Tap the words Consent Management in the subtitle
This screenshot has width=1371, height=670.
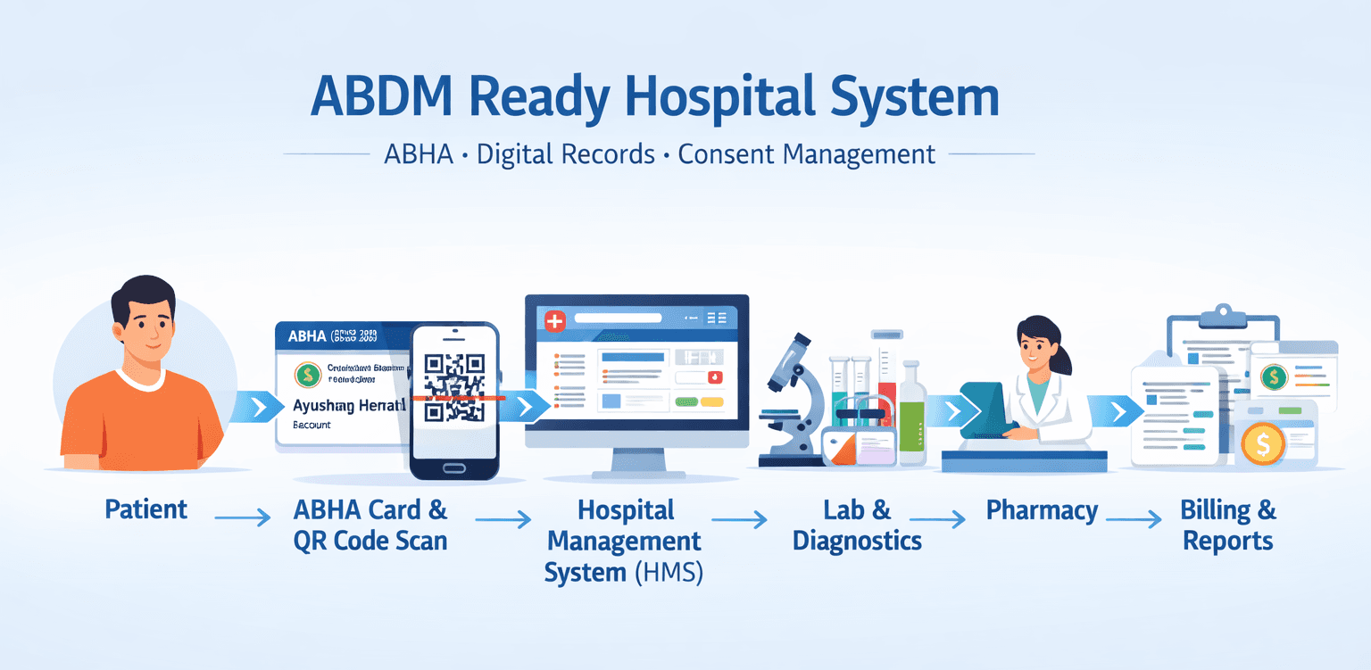(807, 153)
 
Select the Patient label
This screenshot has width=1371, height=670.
(146, 509)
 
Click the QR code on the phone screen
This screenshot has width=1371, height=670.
(453, 386)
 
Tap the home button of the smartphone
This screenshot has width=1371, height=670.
(453, 467)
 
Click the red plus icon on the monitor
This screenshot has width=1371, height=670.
(554, 320)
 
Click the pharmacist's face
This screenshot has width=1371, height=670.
(1037, 344)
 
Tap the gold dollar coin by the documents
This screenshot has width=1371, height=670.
(1262, 443)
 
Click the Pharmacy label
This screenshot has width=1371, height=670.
(1042, 510)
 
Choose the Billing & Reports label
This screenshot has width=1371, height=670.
(1228, 525)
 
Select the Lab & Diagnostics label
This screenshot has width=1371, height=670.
(857, 525)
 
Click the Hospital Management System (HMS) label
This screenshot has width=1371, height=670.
(624, 541)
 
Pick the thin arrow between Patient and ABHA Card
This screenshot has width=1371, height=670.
(241, 517)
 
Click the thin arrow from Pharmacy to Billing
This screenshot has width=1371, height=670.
(1134, 517)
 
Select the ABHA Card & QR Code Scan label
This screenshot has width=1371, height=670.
(370, 525)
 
